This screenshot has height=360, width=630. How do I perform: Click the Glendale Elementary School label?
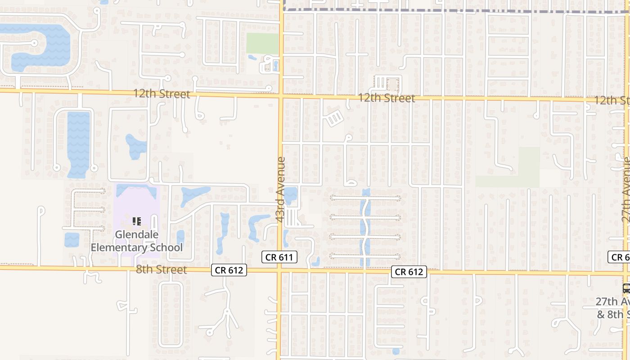click(x=137, y=241)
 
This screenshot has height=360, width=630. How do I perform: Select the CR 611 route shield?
click(x=279, y=257)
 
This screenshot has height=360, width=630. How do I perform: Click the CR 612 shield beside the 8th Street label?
click(x=229, y=270)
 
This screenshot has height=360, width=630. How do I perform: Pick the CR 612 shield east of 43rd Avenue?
click(x=409, y=272)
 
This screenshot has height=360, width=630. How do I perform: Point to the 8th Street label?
click(x=161, y=270)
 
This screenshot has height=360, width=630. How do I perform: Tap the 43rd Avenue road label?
click(x=281, y=189)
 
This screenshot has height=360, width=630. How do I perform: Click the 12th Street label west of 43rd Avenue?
click(x=162, y=94)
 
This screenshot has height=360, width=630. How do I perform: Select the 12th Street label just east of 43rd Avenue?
click(x=387, y=98)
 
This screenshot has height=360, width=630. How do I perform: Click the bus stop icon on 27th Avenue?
click(x=626, y=288)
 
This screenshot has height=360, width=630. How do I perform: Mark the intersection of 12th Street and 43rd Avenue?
click(x=280, y=95)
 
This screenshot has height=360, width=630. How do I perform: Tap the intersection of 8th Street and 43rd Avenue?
click(x=279, y=271)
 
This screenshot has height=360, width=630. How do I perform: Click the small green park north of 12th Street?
click(x=262, y=43)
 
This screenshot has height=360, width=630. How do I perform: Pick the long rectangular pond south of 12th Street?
click(x=78, y=144)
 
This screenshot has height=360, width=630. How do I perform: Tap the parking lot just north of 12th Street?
click(x=387, y=83)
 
